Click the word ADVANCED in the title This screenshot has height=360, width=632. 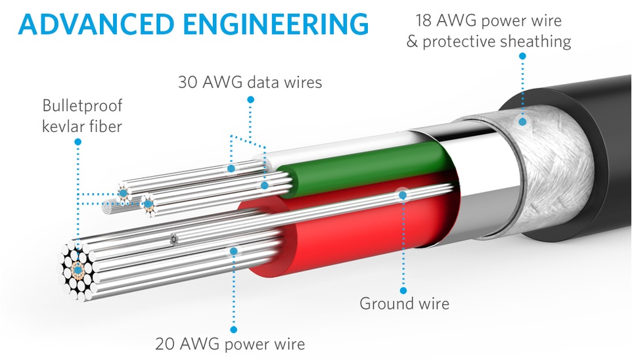click(x=96, y=24)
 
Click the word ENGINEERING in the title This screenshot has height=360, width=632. click(x=276, y=24)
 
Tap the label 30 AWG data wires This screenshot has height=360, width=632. click(x=250, y=82)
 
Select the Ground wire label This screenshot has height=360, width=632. click(x=404, y=303)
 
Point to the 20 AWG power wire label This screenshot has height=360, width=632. click(x=230, y=344)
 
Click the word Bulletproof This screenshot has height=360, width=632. click(x=82, y=106)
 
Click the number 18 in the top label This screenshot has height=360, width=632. click(x=424, y=20)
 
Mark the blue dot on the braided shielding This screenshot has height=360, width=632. click(x=522, y=122)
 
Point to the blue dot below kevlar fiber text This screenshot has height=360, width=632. click(x=78, y=141)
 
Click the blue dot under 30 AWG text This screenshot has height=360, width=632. click(x=250, y=99)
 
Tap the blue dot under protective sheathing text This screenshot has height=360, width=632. click(x=522, y=56)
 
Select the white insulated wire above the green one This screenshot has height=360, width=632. click(x=342, y=148)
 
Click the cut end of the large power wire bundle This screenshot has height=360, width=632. click(x=78, y=269)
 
